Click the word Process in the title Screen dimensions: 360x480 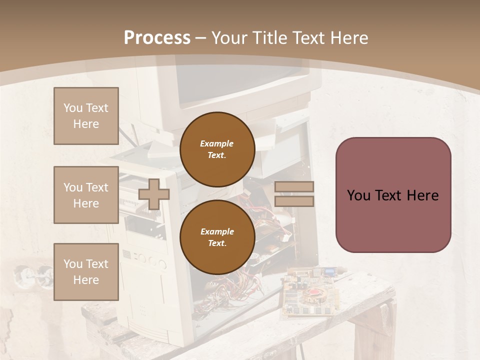157,38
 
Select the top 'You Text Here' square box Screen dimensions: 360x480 86,116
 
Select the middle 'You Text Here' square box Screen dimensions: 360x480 86,195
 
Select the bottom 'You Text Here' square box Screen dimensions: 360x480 86,272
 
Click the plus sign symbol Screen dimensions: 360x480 153,194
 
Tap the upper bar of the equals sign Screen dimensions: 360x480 294,187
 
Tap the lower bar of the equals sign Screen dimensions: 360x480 294,201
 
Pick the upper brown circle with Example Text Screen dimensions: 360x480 217,149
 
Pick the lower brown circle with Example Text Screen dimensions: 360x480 217,237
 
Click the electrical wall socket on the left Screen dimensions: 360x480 30,274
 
